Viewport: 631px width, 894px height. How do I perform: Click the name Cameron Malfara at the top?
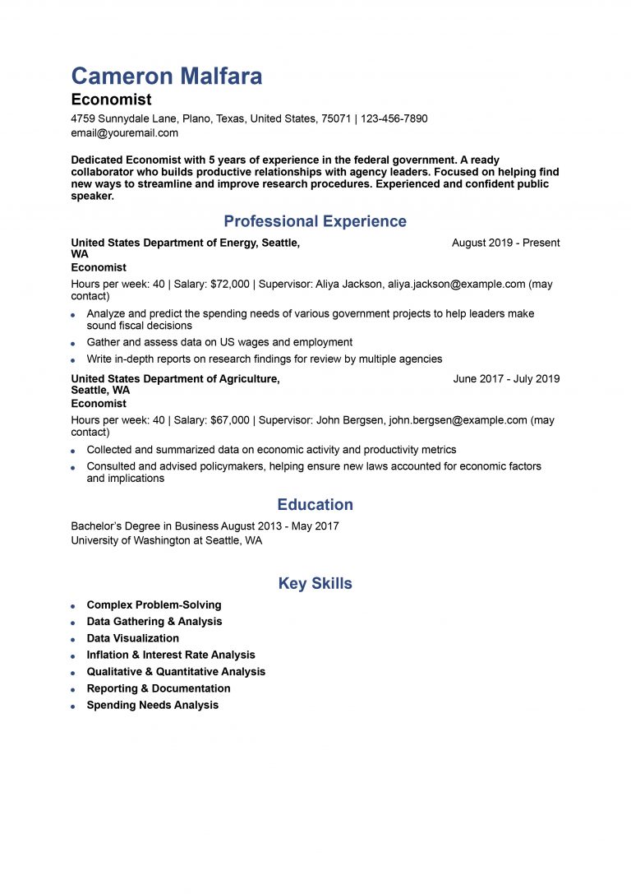point(167,76)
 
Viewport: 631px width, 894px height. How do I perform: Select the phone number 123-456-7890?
point(394,118)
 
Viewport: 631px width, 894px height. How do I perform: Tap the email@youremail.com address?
point(124,132)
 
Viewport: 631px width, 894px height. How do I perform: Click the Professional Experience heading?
point(315,221)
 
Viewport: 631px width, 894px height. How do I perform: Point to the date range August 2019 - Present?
point(505,243)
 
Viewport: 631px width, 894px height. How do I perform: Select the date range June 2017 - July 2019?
point(506,379)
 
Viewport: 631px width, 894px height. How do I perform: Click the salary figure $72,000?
point(230,284)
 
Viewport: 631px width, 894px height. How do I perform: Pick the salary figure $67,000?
point(230,420)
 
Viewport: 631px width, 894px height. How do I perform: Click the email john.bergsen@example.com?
point(458,420)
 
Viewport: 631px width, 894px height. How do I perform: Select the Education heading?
point(315,505)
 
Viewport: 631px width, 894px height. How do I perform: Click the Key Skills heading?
point(315,584)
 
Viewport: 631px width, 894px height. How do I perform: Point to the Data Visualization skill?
point(132,638)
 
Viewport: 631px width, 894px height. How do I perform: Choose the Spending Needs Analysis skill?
point(152,705)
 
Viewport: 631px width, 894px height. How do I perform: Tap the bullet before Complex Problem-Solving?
point(73,606)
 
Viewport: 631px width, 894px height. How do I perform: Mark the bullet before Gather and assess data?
point(73,343)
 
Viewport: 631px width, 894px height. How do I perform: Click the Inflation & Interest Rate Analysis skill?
point(170,655)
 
